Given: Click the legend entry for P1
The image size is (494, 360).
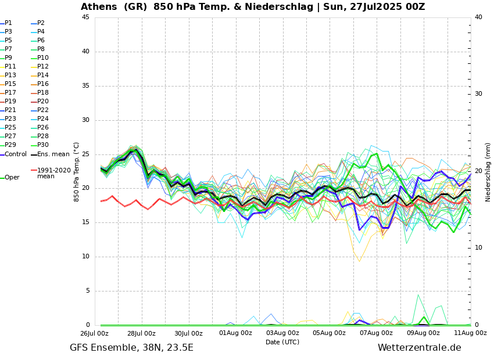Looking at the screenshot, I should (x=8, y=23).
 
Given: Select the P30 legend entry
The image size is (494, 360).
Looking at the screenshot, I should (x=43, y=145).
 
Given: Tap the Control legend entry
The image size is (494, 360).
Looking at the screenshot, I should (x=16, y=154).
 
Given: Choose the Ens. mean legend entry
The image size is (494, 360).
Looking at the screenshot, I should (x=53, y=154).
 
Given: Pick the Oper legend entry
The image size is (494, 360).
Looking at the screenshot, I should (x=12, y=178).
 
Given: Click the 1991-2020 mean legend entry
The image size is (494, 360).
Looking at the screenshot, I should (x=53, y=173).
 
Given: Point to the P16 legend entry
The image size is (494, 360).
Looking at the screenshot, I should (x=43, y=84).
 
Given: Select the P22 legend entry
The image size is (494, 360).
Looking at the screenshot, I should (x=43, y=110).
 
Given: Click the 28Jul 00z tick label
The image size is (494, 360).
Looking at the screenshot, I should (x=141, y=333).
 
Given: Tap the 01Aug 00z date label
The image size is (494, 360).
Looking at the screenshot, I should (x=235, y=333).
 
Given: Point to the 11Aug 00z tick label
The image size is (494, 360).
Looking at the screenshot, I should (x=470, y=333).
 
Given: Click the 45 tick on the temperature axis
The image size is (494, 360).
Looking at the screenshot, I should (x=85, y=17).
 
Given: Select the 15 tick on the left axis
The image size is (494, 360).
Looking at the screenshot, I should (x=85, y=222).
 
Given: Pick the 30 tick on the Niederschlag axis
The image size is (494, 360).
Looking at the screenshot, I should (x=478, y=94).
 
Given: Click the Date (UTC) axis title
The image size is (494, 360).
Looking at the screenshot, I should (x=282, y=343).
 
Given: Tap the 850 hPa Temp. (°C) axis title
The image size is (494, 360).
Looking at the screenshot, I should (x=76, y=172).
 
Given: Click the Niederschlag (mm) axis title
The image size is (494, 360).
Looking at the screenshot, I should (x=488, y=172).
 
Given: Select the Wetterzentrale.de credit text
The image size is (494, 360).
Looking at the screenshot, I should (x=419, y=348).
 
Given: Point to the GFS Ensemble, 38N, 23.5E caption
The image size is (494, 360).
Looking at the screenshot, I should (x=131, y=348).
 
